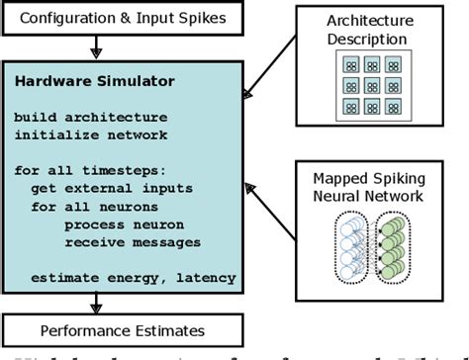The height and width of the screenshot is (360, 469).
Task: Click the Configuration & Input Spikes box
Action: [124, 17]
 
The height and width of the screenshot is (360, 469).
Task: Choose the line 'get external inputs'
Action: [103, 188]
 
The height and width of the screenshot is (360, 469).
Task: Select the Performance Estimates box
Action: [124, 329]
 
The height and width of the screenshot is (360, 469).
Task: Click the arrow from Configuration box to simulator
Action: [95, 45]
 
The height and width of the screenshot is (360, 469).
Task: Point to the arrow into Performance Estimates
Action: [95, 302]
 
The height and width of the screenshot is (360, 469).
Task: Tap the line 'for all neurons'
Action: [89, 207]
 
